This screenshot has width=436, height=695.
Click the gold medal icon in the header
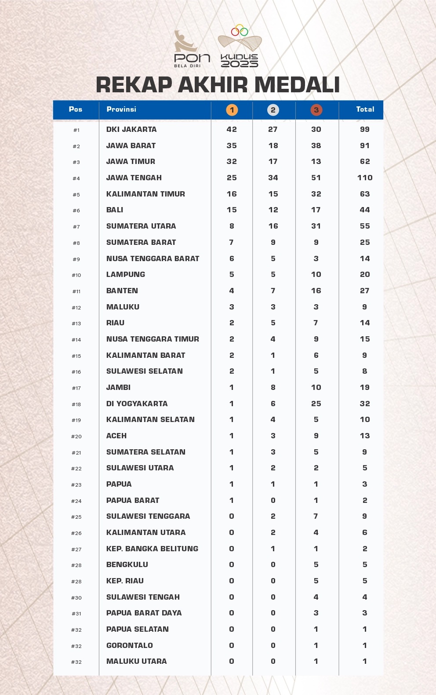(232, 110)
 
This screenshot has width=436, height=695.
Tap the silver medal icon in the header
(273, 110)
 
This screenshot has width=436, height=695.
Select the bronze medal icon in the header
(316, 110)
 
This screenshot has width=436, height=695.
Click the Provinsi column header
(121, 109)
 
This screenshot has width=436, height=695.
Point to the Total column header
(365, 109)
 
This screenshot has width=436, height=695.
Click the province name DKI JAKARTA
(131, 129)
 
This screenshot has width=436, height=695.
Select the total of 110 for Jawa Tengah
(365, 178)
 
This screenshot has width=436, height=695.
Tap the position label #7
(76, 227)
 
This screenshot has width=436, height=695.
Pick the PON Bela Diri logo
(192, 49)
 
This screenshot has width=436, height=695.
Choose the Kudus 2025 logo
(240, 46)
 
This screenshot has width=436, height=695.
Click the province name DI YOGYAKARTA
(137, 404)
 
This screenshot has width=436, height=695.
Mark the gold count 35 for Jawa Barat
(232, 146)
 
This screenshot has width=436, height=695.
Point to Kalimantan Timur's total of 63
(365, 194)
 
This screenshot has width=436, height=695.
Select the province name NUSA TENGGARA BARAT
(153, 258)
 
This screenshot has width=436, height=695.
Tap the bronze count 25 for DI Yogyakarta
(316, 404)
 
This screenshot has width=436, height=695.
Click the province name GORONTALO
(130, 645)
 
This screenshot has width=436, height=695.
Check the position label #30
(76, 598)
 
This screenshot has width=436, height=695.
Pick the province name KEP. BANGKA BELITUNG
(152, 549)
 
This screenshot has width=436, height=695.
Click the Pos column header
(76, 109)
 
